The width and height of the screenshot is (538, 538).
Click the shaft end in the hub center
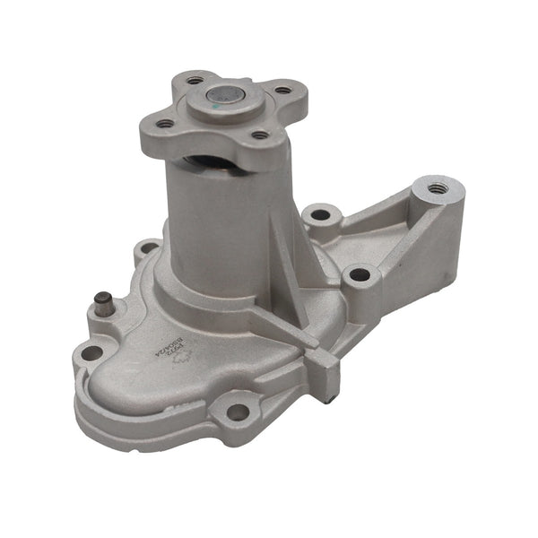[221, 93]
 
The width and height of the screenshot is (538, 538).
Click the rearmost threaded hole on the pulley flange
[195, 80]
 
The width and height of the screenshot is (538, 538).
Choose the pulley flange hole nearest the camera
[259, 135]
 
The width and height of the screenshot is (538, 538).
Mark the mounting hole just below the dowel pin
[91, 352]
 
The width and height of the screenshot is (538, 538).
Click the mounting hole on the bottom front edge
[237, 412]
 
